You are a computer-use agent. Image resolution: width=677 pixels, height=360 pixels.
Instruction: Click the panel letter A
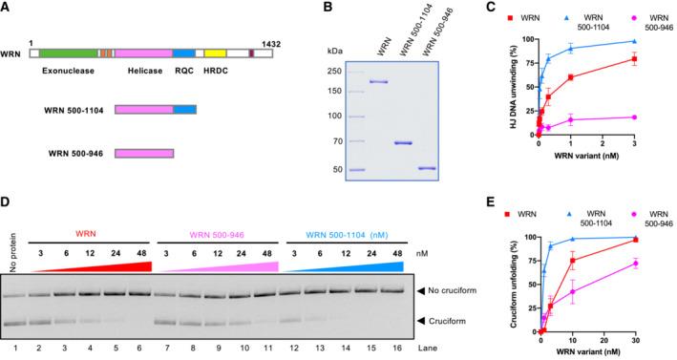click(x=6, y=8)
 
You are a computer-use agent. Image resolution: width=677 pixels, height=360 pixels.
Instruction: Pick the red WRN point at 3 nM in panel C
click(x=661, y=59)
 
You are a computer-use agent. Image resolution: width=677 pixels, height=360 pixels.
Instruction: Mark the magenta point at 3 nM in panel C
click(x=661, y=117)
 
